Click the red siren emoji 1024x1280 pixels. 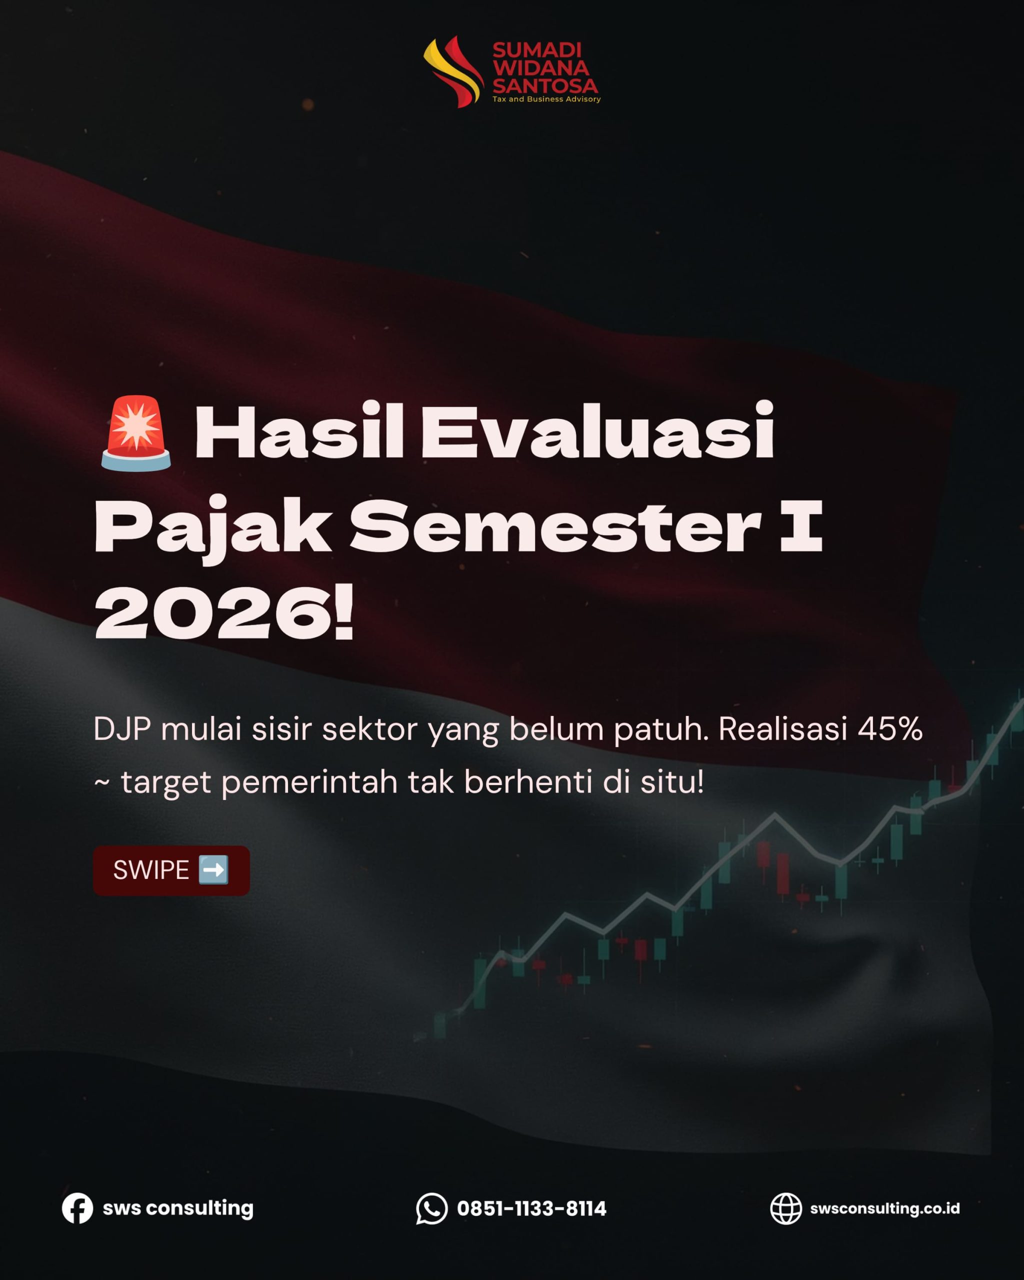[136, 433]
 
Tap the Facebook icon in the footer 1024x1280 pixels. [77, 1208]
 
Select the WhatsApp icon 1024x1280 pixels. [431, 1208]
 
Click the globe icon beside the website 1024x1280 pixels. [786, 1208]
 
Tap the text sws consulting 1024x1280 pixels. [178, 1208]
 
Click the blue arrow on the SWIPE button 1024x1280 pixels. [213, 870]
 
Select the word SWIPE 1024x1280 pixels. [151, 870]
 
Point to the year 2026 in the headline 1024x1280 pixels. [214, 612]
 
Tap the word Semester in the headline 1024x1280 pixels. [555, 525]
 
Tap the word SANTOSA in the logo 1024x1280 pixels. [545, 86]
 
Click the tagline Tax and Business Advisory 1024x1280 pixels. [546, 99]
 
